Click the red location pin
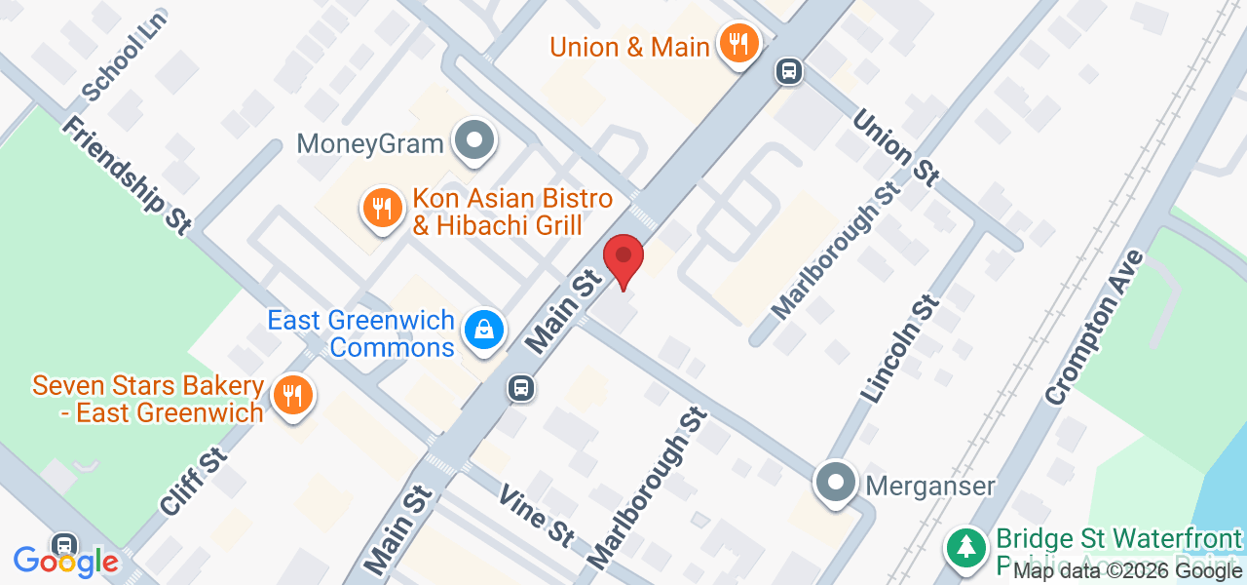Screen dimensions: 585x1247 click(623, 258)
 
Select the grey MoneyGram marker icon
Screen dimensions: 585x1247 click(474, 141)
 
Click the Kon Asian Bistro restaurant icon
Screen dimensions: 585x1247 click(383, 209)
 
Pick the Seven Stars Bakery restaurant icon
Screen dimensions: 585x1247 click(290, 396)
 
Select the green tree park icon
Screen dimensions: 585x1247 click(966, 547)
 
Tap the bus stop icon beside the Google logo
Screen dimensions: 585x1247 click(64, 544)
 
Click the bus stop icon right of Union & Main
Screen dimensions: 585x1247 click(789, 70)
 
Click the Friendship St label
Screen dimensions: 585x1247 click(126, 175)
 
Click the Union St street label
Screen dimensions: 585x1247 click(896, 147)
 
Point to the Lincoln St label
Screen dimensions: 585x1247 click(900, 349)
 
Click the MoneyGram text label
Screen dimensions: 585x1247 click(370, 144)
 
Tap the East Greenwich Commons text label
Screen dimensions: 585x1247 click(361, 333)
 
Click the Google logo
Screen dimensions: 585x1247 click(65, 562)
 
